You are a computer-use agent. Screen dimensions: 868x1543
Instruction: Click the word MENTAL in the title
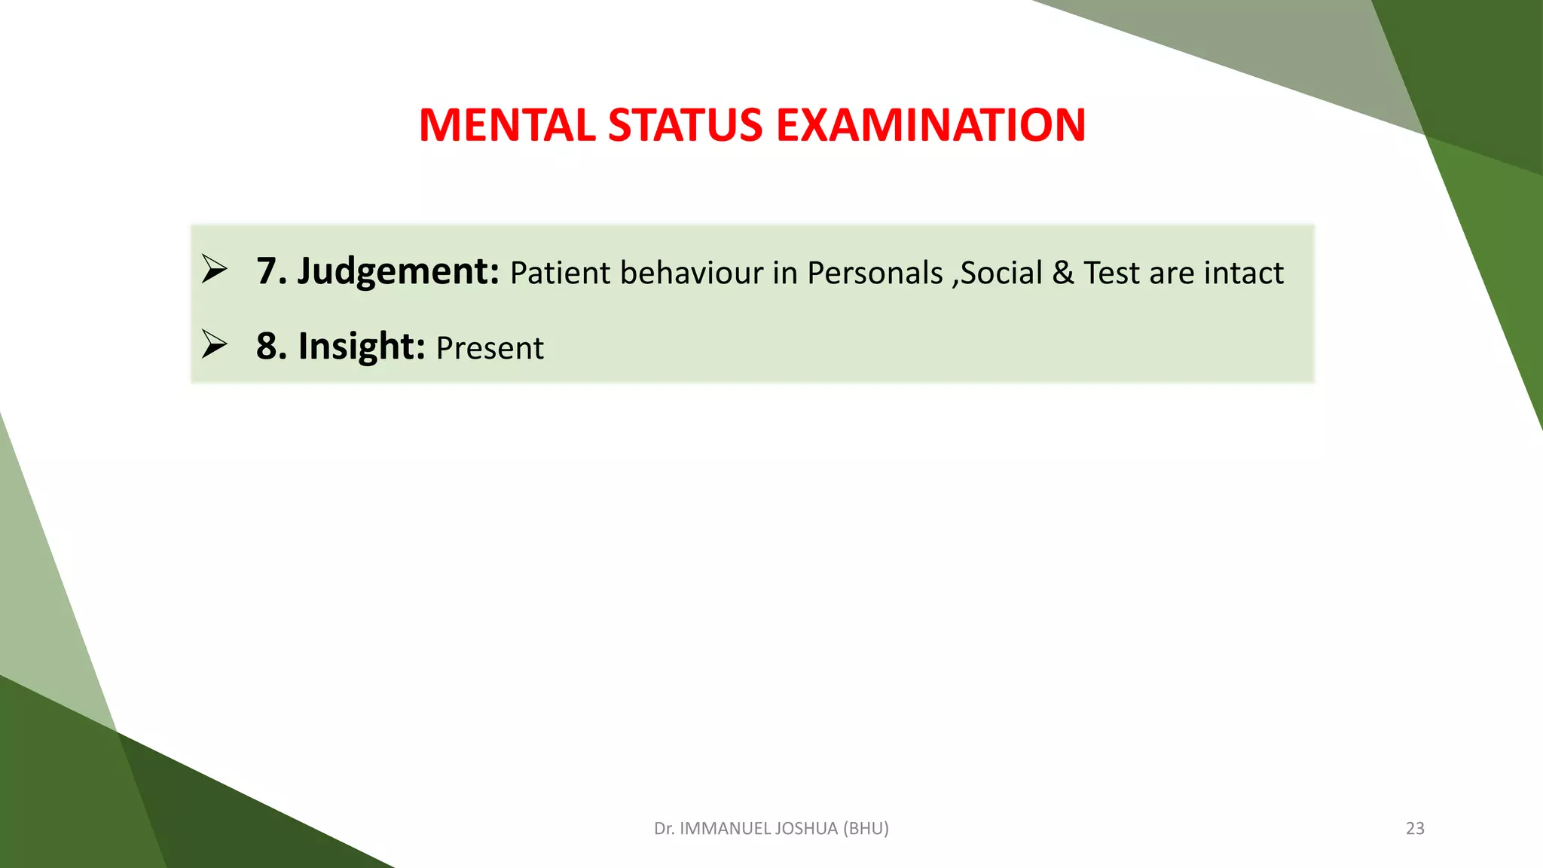click(507, 125)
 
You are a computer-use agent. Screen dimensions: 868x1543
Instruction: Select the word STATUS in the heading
click(685, 125)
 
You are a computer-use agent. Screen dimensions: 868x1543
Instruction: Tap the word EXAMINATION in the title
click(930, 125)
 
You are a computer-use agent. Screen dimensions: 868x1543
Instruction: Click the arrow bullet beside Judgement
click(214, 270)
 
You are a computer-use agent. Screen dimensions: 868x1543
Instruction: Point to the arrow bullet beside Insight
click(214, 344)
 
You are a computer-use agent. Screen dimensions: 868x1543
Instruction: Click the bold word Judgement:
click(398, 271)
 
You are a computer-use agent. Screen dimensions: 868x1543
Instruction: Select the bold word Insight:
click(362, 347)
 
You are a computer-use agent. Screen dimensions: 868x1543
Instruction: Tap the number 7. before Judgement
click(271, 271)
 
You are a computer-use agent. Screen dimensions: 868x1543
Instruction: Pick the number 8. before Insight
click(271, 347)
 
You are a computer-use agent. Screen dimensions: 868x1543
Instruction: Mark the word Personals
click(875, 273)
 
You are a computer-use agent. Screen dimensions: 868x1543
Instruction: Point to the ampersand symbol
click(1063, 273)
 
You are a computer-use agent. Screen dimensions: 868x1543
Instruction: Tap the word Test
click(1111, 273)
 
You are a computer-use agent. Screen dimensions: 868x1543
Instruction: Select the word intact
click(1244, 273)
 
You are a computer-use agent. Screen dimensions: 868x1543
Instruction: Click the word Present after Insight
click(490, 348)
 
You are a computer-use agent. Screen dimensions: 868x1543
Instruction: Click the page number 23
click(1415, 829)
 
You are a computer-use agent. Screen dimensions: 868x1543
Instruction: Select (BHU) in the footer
click(866, 829)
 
